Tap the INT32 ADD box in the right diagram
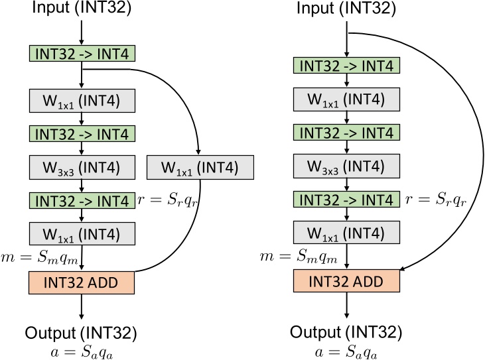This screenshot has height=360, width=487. [x=346, y=282]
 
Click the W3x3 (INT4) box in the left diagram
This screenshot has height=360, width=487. [x=82, y=166]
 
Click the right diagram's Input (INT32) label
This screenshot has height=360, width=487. [x=346, y=9]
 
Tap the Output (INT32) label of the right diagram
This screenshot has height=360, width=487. [x=346, y=331]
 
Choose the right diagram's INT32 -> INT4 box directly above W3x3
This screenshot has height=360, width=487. [x=346, y=133]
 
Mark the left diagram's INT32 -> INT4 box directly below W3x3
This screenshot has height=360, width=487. [x=82, y=200]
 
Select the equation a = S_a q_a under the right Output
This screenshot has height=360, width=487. [x=346, y=349]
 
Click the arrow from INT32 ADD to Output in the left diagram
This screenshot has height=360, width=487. [x=82, y=306]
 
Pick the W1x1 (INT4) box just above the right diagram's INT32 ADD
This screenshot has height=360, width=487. [x=346, y=233]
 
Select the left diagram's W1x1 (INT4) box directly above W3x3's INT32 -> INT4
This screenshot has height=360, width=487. [x=82, y=101]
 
